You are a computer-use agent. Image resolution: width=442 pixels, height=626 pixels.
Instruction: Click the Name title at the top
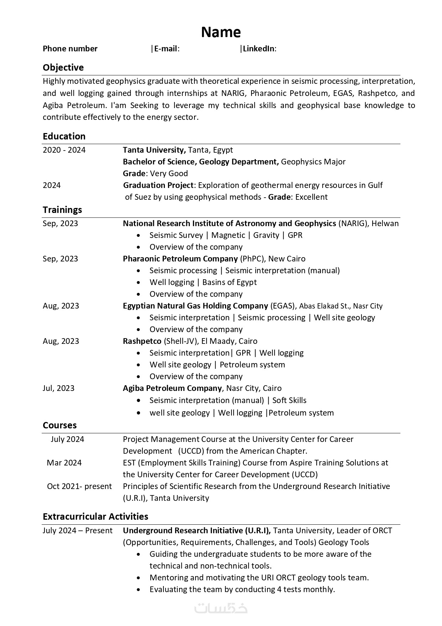[x=221, y=32]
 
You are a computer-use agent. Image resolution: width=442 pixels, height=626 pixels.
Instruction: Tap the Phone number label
[x=70, y=49]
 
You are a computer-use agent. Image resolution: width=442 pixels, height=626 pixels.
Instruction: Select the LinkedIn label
[x=259, y=49]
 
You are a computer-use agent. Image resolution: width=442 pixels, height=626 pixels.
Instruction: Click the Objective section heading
[x=63, y=67]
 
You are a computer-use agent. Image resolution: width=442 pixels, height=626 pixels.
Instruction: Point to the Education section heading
[x=64, y=136]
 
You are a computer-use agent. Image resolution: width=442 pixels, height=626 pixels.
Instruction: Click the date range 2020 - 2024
[x=64, y=150]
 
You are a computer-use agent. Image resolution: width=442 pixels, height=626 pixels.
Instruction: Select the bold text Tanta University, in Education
[x=154, y=150]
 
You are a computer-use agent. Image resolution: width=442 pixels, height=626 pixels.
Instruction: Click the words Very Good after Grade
[x=169, y=173]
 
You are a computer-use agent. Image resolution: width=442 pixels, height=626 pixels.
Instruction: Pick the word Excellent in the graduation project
[x=311, y=197]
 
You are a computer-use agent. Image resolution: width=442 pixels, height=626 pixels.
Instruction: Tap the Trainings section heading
[x=62, y=210]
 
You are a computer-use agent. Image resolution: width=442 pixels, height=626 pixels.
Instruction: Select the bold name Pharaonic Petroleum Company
[x=180, y=259]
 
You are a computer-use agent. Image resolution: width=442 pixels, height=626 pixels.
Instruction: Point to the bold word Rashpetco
[x=142, y=341]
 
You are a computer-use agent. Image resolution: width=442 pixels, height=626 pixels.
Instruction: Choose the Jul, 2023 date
[x=58, y=388]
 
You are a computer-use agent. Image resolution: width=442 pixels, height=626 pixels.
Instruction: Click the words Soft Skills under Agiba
[x=289, y=400]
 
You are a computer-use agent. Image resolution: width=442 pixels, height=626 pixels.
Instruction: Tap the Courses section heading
[x=59, y=425]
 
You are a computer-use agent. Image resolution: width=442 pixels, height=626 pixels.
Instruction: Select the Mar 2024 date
[x=64, y=463]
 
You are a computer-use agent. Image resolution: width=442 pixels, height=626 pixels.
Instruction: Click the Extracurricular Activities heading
[x=95, y=516]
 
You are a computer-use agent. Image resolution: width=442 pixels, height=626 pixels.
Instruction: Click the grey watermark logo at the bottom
[x=221, y=608]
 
